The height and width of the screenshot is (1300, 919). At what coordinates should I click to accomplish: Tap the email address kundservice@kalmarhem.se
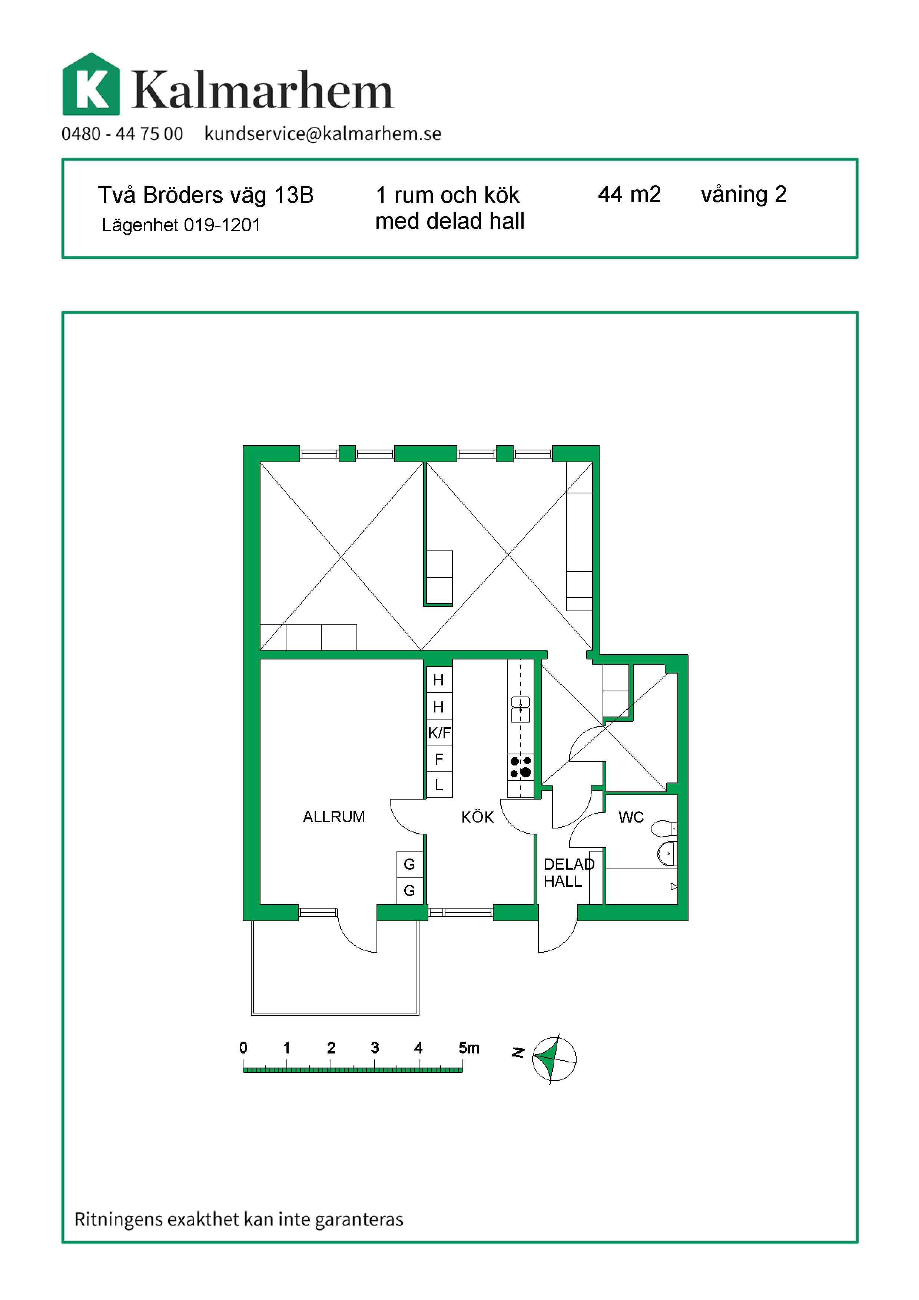322,134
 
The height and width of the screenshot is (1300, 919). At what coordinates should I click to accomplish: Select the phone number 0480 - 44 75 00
122,134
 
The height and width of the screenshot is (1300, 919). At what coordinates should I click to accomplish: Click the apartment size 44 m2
629,194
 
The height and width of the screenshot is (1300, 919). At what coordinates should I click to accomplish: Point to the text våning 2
744,195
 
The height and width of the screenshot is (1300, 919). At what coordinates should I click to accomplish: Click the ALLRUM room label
334,817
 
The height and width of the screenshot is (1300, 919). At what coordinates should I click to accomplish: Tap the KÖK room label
478,817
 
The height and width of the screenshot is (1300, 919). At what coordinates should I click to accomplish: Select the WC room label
631,817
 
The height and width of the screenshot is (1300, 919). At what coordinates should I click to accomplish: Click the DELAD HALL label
569,873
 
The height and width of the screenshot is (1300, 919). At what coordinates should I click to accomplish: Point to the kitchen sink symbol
521,710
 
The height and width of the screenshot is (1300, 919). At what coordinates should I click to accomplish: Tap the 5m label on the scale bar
469,1048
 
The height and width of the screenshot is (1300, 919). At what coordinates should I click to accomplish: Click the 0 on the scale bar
243,1048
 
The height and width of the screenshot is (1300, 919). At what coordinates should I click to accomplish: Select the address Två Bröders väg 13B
206,195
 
